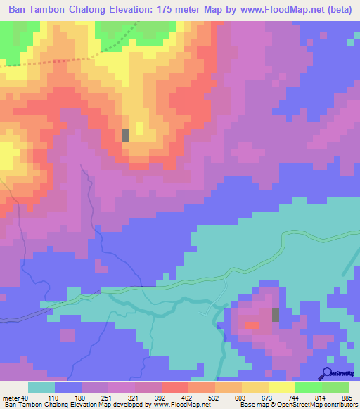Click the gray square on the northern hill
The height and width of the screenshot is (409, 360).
[125, 135]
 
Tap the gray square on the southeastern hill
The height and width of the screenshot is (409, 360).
[276, 315]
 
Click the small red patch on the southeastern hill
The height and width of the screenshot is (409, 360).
[251, 325]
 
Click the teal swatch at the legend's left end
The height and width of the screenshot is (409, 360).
[41, 387]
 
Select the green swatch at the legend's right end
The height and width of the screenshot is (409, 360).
[335, 387]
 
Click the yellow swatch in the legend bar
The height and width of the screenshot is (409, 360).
[281, 387]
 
